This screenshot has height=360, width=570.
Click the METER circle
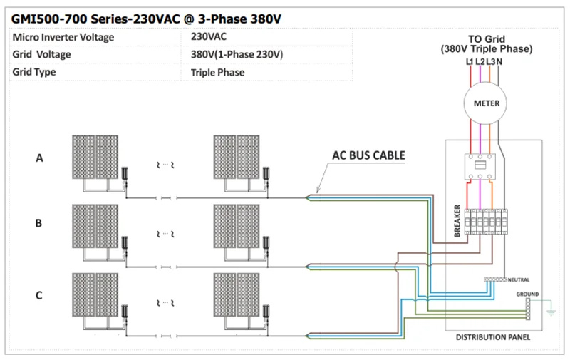[x=487, y=103]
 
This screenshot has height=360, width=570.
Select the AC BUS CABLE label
[x=368, y=155]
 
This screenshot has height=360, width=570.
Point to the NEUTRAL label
[x=519, y=279]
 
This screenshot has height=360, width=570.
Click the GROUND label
[x=527, y=294]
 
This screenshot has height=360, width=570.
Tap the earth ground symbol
[x=550, y=311]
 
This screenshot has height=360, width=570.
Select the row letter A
[x=39, y=158]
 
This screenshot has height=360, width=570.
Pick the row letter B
[x=39, y=222]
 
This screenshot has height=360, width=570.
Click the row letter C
[x=39, y=294]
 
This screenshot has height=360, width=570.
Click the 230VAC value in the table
[x=209, y=36]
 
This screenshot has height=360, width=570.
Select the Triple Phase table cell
[x=217, y=72]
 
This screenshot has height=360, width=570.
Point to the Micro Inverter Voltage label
[x=63, y=37]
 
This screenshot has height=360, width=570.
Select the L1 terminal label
[x=470, y=62]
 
